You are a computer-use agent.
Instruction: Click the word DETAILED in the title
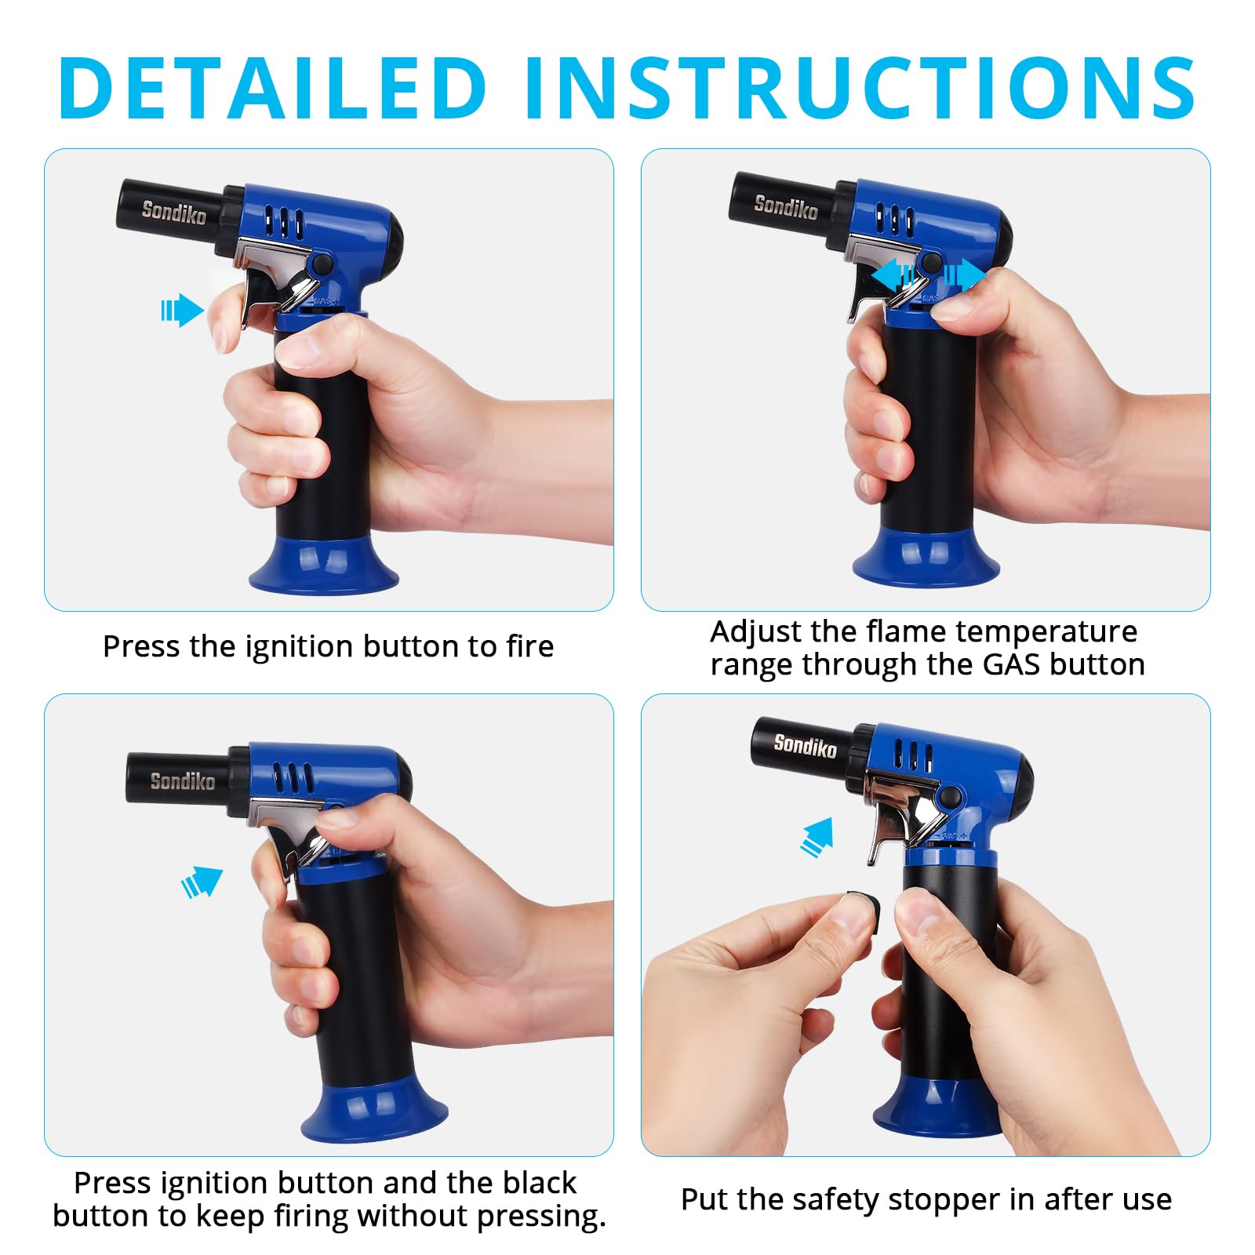[273, 88]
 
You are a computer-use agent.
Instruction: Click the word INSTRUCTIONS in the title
[859, 88]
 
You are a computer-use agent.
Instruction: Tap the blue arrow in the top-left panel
[183, 311]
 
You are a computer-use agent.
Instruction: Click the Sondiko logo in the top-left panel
[173, 212]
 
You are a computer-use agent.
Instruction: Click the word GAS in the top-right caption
[1013, 665]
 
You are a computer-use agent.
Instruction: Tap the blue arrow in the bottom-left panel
[202, 882]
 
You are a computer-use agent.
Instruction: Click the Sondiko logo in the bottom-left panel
[182, 780]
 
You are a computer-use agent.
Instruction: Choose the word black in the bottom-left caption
[539, 1183]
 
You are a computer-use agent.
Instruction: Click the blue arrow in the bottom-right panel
[817, 837]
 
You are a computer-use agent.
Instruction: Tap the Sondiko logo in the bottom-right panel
[805, 745]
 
